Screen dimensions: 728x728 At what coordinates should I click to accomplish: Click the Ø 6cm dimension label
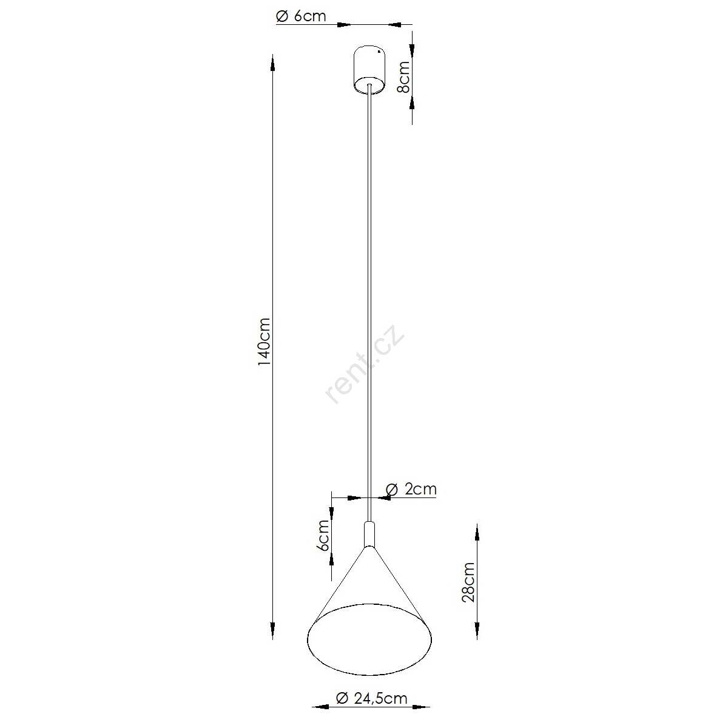301,16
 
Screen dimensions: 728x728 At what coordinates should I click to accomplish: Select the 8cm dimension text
403,77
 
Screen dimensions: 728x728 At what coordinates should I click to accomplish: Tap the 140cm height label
264,342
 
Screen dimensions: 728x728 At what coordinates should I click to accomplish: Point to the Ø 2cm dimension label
411,489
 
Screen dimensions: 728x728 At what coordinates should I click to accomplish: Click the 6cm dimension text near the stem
324,536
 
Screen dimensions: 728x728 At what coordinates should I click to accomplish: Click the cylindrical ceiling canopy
370,70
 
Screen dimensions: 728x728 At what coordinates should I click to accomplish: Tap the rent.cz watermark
365,364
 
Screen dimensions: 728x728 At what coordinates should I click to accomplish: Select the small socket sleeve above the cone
369,534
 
